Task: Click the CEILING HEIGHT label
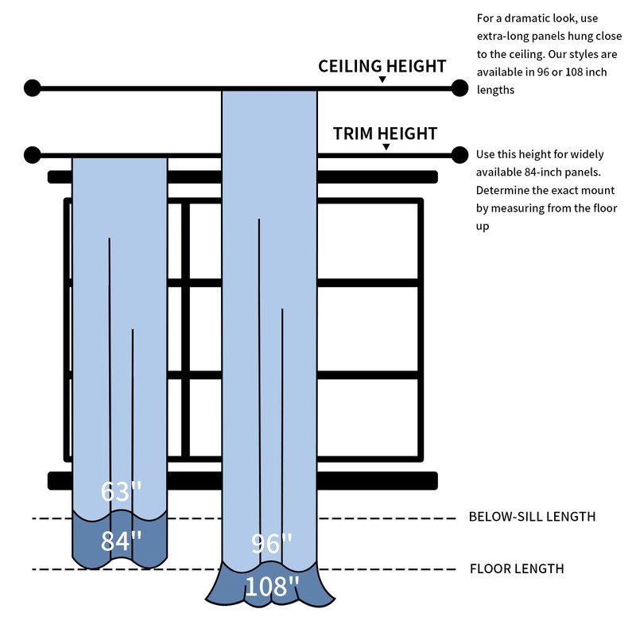pos(382,66)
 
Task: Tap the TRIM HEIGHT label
pos(385,133)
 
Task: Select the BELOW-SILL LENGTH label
pos(532,517)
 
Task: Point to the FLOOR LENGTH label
pos(517,568)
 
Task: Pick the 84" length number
pos(121,541)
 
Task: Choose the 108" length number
pos(272,588)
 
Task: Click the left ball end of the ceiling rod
pos(32,87)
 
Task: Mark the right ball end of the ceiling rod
pos(460,87)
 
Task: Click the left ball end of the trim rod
pos(32,154)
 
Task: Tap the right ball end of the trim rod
pos(460,154)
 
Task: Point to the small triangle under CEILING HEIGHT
pos(382,79)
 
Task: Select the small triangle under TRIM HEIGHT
pos(386,147)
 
